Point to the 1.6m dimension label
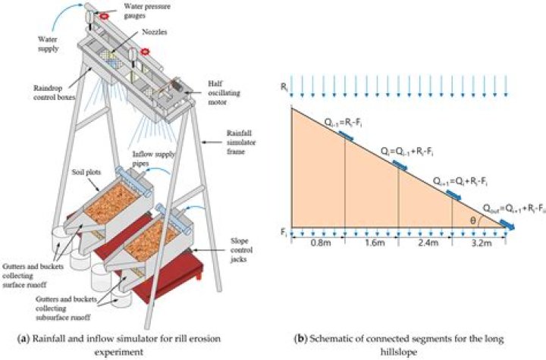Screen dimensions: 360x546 point(371,243)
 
